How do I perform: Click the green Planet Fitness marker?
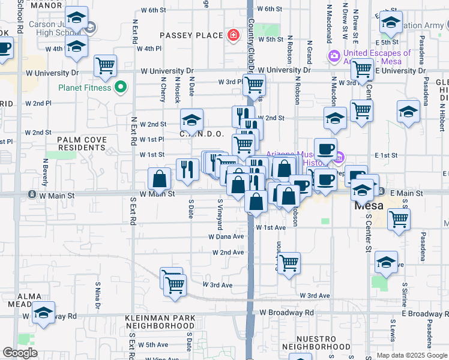(x=120, y=88)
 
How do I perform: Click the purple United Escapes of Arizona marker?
(x=334, y=56)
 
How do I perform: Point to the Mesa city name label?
(x=369, y=205)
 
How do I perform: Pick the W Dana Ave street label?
(x=226, y=236)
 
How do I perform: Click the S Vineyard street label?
(x=220, y=215)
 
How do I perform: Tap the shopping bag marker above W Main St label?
(x=160, y=178)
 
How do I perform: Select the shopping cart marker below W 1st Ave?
(x=289, y=262)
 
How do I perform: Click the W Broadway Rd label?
(x=286, y=313)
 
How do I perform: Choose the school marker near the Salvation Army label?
(x=390, y=23)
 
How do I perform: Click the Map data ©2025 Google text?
(x=411, y=355)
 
